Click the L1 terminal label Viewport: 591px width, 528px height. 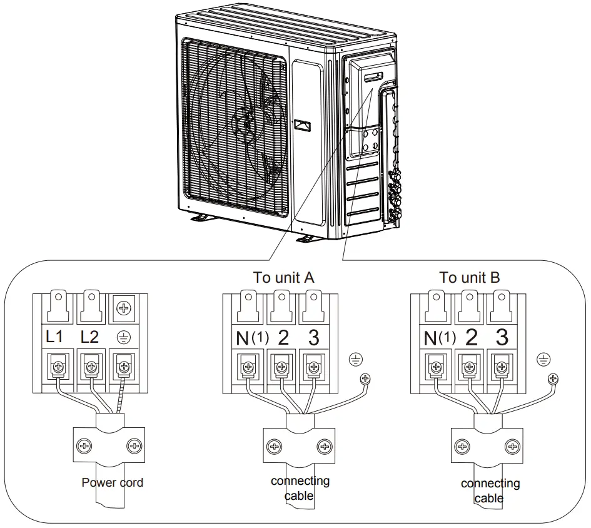click(54, 337)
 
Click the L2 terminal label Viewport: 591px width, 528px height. click(90, 337)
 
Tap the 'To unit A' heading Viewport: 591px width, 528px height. click(283, 278)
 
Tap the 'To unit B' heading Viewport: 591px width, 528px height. click(469, 278)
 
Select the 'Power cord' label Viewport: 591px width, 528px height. click(113, 483)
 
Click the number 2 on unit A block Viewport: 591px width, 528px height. click(283, 338)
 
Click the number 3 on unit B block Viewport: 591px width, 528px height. click(502, 338)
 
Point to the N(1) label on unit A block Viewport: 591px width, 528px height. click(251, 338)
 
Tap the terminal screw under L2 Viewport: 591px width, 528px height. click(91, 365)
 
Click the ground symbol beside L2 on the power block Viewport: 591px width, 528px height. click(124, 337)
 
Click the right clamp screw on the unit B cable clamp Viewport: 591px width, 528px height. click(513, 447)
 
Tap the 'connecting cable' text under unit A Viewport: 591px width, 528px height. click(300, 488)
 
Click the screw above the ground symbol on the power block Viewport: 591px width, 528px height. click(124, 307)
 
